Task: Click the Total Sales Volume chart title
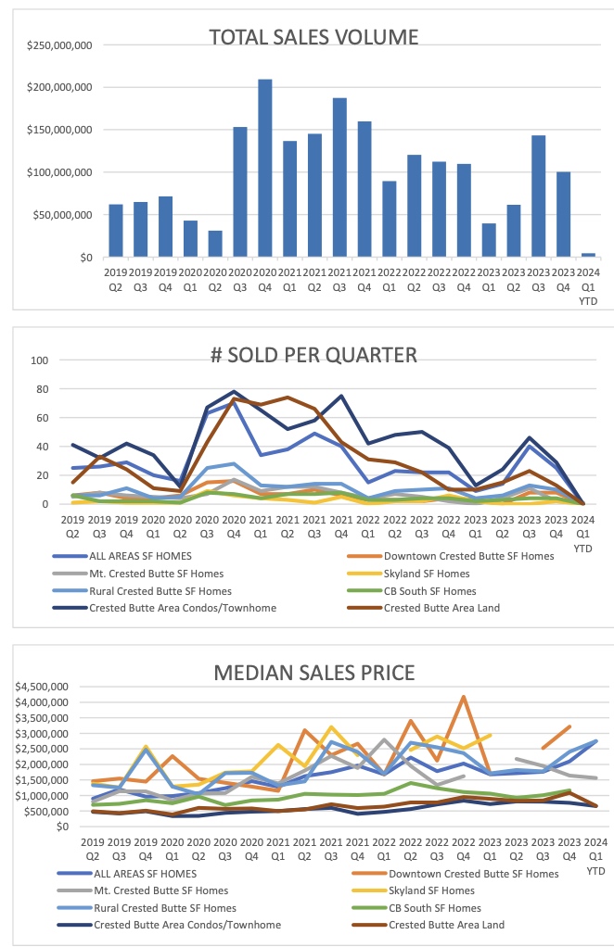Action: [x=313, y=37]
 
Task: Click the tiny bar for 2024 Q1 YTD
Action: [x=588, y=255]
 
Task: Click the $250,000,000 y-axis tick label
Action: [x=58, y=44]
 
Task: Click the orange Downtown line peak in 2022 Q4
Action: [x=463, y=697]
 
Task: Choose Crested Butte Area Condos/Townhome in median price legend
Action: [x=186, y=925]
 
